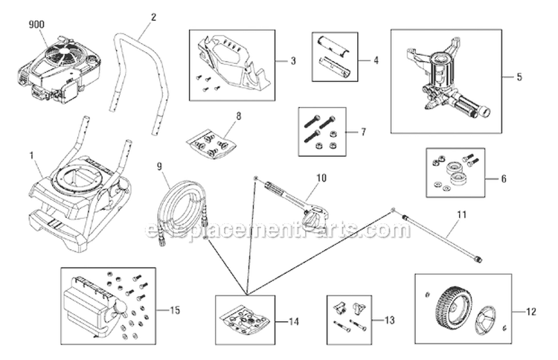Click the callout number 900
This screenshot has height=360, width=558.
(x=36, y=25)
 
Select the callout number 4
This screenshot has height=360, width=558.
(x=376, y=60)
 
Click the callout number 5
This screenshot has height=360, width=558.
(x=519, y=77)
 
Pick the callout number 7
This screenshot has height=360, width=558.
(x=362, y=132)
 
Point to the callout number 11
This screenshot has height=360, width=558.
(x=461, y=215)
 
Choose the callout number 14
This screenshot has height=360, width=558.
(x=295, y=321)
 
